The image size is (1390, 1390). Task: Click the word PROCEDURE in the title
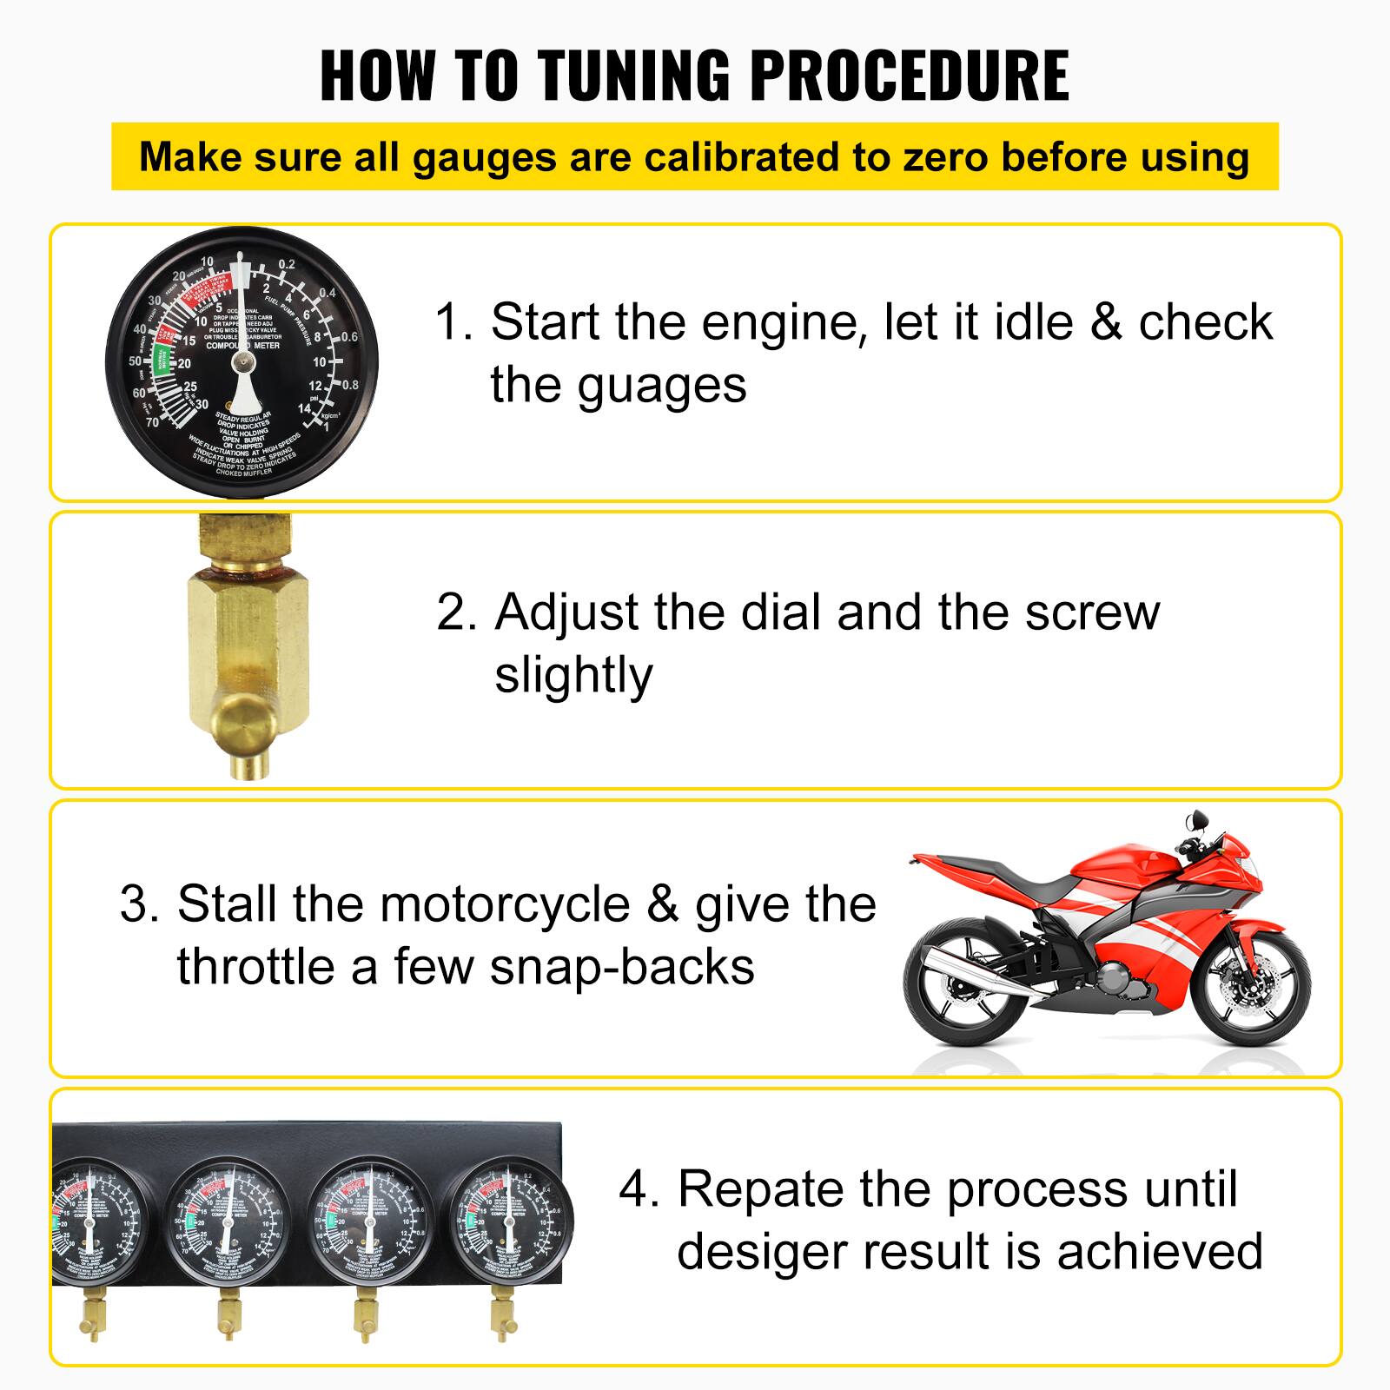pyautogui.click(x=909, y=76)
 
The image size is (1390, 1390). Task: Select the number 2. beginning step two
pyautogui.click(x=457, y=612)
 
